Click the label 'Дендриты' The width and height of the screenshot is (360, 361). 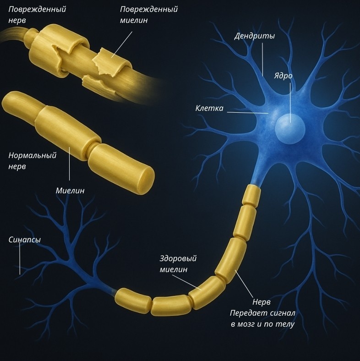tap(254, 36)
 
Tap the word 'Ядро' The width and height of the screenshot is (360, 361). tap(283, 76)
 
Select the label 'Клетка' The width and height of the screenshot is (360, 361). tap(209, 109)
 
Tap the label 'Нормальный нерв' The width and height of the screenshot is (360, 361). tap(32, 161)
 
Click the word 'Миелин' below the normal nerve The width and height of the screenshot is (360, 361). tap(70, 190)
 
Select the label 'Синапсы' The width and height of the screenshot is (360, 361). tap(25, 240)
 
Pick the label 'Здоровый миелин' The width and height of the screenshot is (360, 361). tap(178, 264)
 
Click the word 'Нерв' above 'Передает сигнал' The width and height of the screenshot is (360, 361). tap(261, 303)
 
